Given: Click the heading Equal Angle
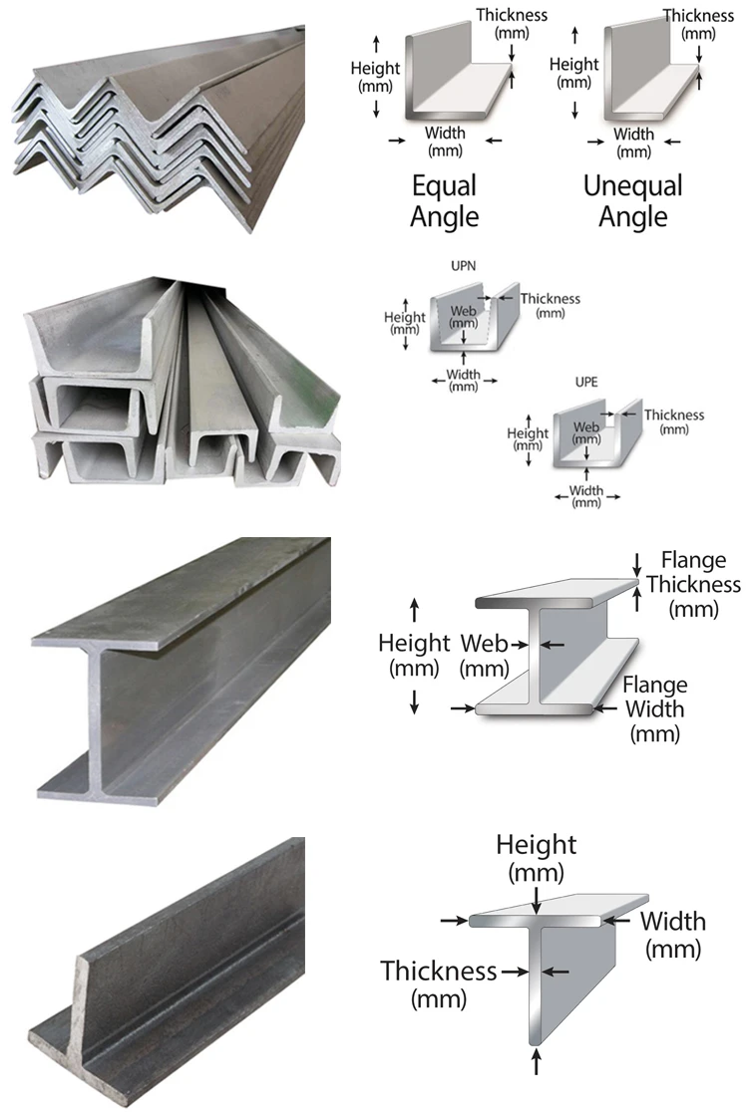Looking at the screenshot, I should [x=444, y=200].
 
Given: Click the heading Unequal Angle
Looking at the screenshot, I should [x=632, y=200].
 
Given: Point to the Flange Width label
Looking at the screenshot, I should [x=655, y=709].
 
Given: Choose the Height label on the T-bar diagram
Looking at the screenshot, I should [x=537, y=858].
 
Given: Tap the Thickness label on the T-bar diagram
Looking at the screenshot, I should [x=438, y=982].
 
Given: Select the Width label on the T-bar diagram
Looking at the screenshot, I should [x=672, y=933].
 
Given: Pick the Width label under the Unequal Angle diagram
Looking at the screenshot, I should [x=633, y=142].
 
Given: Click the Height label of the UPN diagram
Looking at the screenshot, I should [x=405, y=323].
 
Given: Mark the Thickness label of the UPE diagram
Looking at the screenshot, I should [x=674, y=420].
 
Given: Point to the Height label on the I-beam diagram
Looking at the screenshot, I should [x=414, y=655].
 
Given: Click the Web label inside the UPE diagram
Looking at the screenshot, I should [x=586, y=432].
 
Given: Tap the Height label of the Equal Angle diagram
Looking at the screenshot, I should [x=376, y=76].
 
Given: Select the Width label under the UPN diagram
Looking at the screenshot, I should [x=463, y=381].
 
